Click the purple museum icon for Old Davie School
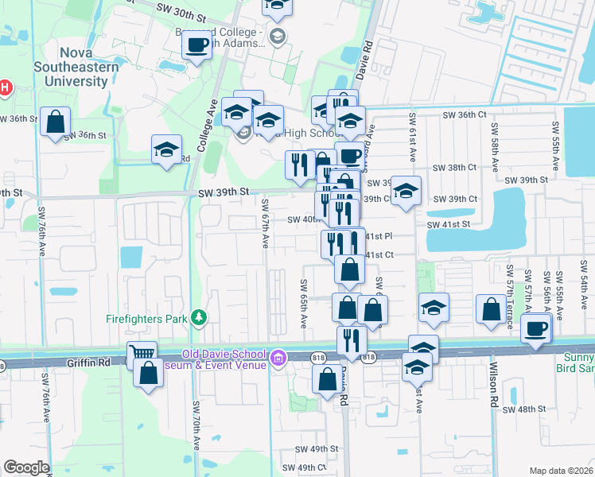[x=278, y=359]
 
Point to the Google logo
[x=26, y=467]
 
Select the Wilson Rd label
[x=494, y=387]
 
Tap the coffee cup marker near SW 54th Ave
[x=536, y=327]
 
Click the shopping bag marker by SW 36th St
[x=55, y=122]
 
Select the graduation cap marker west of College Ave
[x=166, y=149]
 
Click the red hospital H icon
[x=5, y=87]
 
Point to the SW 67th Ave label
[x=265, y=223]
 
